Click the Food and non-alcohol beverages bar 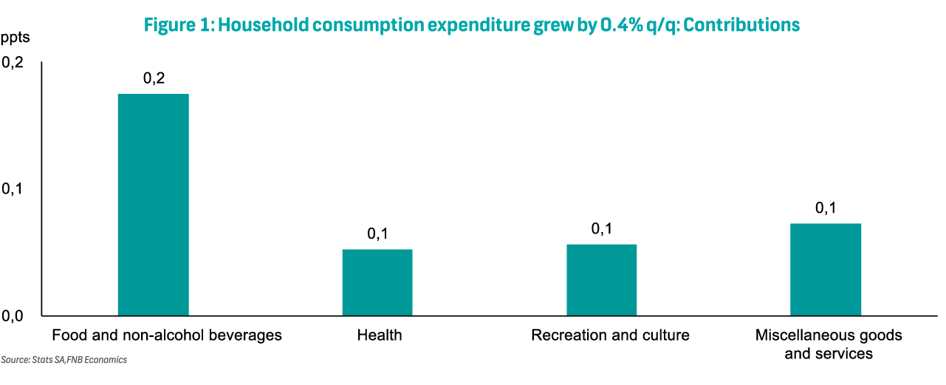pos(154,205)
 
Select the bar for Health pos(377,282)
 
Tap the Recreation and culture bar pos(601,280)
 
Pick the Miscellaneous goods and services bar pos(826,270)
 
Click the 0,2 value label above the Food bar pos(154,78)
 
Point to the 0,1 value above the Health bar pos(377,234)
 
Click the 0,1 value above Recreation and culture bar pos(601,229)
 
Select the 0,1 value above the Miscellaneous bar pos(826,208)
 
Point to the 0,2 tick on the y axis pos(13,63)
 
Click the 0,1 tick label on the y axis pos(13,189)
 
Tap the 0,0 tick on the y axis pos(13,316)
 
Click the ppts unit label pos(16,38)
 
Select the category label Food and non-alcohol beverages pos(167,335)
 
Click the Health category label pos(380,335)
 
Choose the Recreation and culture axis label pos(610,335)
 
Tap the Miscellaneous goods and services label pos(829,344)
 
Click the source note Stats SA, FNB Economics pos(64,360)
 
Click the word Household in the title pos(264,25)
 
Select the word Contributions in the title pos(741,25)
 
